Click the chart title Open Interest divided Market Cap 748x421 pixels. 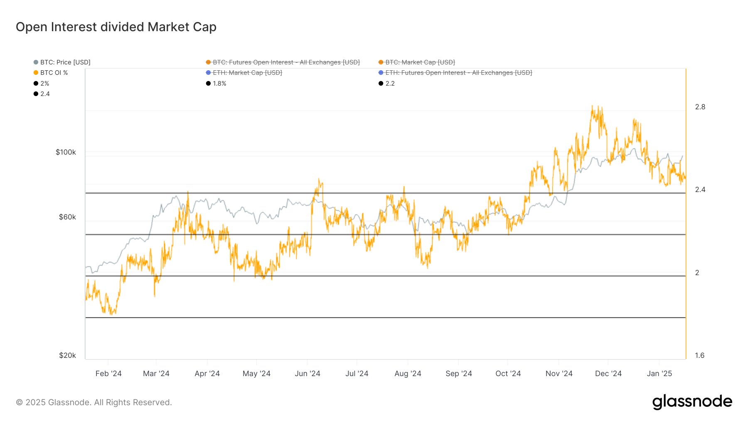(116, 27)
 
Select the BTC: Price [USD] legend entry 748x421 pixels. (65, 62)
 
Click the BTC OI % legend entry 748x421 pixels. (54, 73)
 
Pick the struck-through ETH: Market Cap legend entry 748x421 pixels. (247, 73)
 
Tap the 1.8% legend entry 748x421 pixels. (219, 84)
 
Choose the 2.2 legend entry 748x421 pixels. (389, 84)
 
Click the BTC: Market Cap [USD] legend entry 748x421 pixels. (420, 62)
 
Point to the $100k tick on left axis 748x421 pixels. (66, 152)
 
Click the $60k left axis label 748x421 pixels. (67, 217)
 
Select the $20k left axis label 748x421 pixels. (67, 355)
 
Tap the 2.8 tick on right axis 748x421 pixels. (700, 107)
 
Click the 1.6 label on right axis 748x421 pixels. (699, 355)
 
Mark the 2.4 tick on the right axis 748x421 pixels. (700, 190)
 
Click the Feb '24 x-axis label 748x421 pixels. (108, 373)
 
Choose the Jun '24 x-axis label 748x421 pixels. (307, 373)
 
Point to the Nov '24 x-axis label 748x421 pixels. (559, 373)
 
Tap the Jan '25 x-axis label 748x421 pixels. (659, 373)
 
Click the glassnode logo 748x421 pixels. (692, 402)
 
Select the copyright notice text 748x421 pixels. (94, 402)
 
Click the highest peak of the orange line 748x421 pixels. (592, 106)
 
